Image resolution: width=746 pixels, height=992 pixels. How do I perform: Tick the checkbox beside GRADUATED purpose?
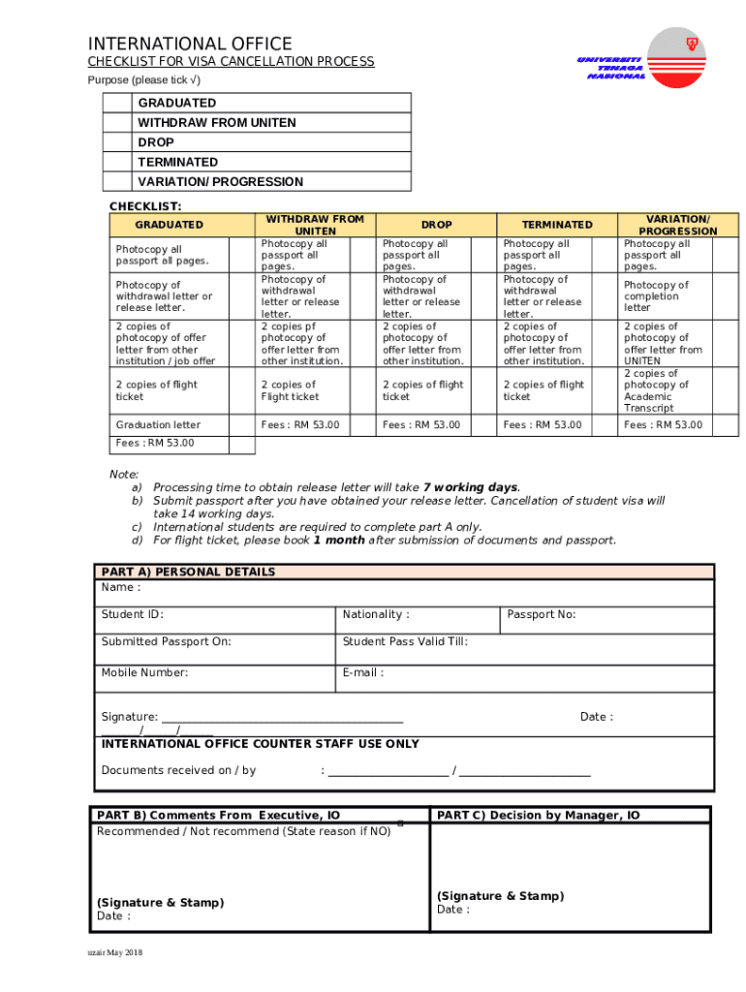coord(116,103)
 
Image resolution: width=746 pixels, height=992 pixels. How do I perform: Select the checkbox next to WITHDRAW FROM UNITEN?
coord(116,123)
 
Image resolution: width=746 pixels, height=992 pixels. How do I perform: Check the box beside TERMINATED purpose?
coord(116,162)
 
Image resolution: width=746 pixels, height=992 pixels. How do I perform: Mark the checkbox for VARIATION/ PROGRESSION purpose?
coord(116,182)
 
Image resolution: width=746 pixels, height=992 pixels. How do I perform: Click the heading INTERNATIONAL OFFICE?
coord(190,44)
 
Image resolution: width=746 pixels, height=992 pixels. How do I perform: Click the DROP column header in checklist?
coord(436,225)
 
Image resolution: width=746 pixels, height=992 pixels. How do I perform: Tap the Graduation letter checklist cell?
coord(159,425)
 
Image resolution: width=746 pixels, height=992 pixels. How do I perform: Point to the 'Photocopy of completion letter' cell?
coord(656,296)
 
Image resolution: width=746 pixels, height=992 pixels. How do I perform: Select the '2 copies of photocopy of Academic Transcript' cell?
coord(656,390)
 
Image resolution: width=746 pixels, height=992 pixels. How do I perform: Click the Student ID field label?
coord(133,614)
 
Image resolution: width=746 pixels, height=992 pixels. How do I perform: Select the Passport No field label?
coord(542,614)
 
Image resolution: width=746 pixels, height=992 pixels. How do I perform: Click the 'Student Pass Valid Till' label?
coord(405,641)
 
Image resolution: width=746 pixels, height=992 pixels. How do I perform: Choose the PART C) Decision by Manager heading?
coord(539,816)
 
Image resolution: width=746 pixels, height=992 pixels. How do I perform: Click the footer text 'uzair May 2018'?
coord(114,953)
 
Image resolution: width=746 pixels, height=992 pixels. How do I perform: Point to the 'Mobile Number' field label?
coord(144,672)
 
